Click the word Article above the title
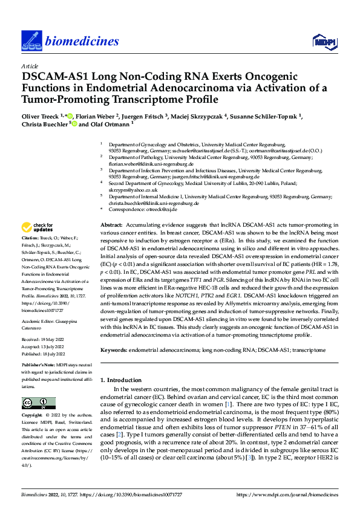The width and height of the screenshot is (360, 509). (29, 66)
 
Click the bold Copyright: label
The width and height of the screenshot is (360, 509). (34, 417)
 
